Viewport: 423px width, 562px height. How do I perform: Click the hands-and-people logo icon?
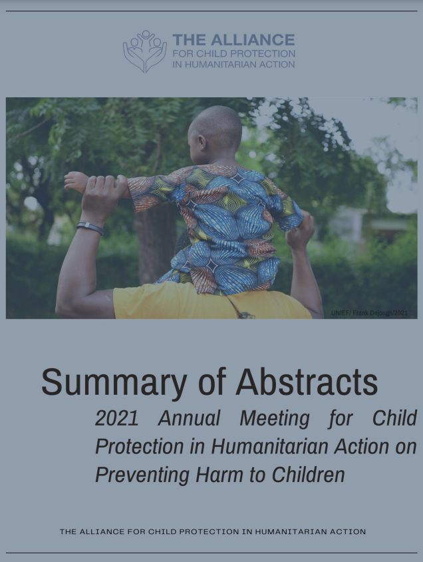pos(144,51)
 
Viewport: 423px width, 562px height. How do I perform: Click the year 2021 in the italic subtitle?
pos(117,418)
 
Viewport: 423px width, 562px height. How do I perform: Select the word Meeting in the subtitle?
pos(275,418)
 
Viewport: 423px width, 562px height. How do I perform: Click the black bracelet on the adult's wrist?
pos(90,228)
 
